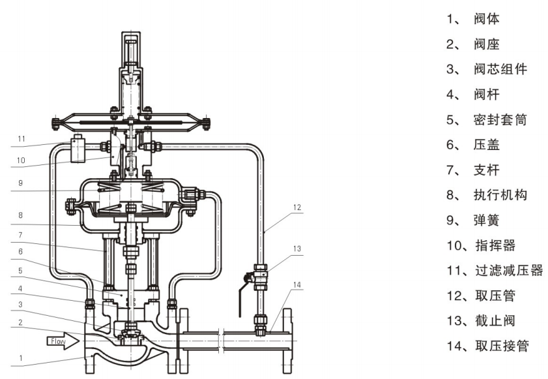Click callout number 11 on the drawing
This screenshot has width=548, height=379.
pyautogui.click(x=21, y=139)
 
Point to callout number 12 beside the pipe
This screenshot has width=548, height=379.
pyautogui.click(x=297, y=208)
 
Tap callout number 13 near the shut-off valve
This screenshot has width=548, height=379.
pyautogui.click(x=297, y=248)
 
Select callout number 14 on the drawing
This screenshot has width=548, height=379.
pyautogui.click(x=297, y=284)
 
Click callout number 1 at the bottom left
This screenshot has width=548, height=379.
pyautogui.click(x=21, y=357)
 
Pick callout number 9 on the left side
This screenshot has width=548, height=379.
pyautogui.click(x=21, y=184)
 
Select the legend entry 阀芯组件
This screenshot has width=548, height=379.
pyautogui.click(x=500, y=69)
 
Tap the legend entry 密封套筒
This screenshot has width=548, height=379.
pyautogui.click(x=500, y=120)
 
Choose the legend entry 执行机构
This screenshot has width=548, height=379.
pyautogui.click(x=500, y=194)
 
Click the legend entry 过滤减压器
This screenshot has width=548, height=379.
pyautogui.click(x=509, y=270)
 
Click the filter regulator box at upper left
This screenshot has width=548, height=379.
pyautogui.click(x=79, y=149)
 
